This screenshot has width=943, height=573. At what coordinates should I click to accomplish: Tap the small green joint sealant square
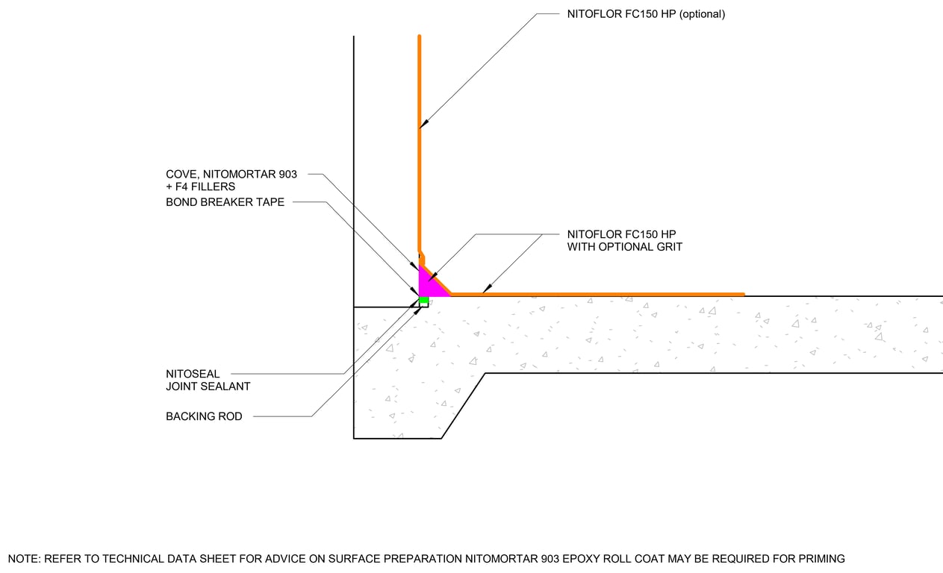coord(423,301)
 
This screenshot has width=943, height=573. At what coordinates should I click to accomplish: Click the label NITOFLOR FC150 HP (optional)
coord(646,13)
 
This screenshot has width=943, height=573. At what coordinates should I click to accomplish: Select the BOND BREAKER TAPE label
coord(225,201)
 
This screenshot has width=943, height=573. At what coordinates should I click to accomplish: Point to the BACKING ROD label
coord(204,416)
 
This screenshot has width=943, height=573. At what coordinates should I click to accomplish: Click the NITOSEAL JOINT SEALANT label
coord(208,380)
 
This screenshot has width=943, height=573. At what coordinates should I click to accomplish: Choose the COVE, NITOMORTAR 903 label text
coord(231,174)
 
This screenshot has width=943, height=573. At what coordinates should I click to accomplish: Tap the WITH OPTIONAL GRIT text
coord(624,247)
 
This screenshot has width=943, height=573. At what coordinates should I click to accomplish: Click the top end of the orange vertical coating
coord(420,37)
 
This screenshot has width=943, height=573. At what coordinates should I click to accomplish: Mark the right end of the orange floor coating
coord(742,295)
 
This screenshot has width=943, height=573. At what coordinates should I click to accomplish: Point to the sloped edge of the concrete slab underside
coord(464,406)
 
